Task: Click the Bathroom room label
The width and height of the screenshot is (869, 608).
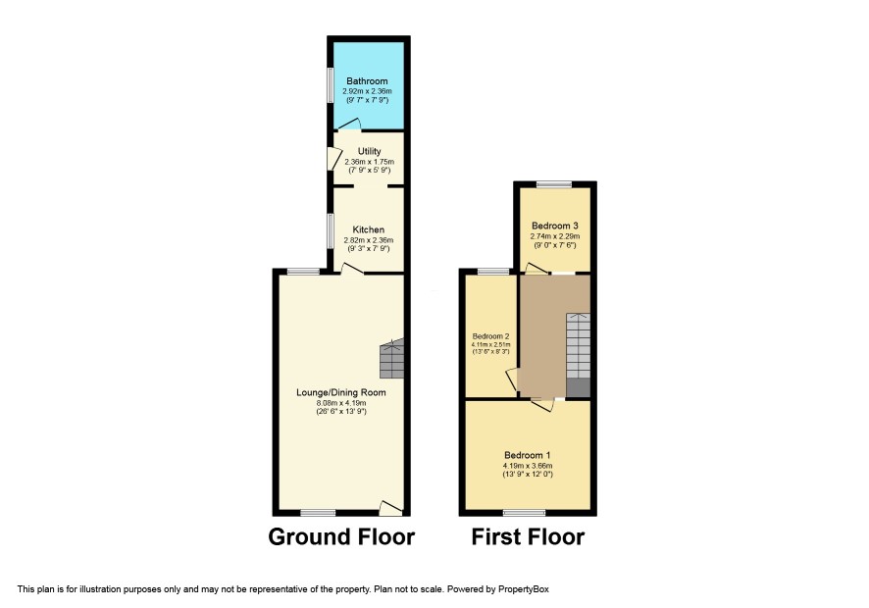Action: click(x=367, y=81)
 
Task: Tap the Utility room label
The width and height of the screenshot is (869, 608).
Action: click(x=369, y=151)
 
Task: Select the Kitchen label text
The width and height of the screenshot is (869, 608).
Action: click(x=369, y=229)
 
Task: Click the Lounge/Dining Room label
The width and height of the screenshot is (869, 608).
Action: click(x=341, y=392)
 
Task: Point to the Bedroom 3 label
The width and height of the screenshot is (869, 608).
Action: click(x=555, y=226)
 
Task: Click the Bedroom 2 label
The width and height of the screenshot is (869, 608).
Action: click(x=491, y=336)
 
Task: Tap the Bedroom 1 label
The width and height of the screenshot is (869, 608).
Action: click(x=527, y=455)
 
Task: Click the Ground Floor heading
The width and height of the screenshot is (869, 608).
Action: click(x=341, y=536)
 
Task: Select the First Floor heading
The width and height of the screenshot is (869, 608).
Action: click(x=528, y=536)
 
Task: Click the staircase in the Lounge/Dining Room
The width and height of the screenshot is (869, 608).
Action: click(x=391, y=358)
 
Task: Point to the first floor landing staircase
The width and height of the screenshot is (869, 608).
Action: click(x=578, y=355)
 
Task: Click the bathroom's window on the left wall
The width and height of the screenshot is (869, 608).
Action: click(x=330, y=85)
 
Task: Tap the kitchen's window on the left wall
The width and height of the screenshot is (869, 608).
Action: click(x=330, y=231)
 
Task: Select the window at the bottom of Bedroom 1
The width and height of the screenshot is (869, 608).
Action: click(x=525, y=513)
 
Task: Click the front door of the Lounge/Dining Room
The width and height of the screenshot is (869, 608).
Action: click(x=390, y=508)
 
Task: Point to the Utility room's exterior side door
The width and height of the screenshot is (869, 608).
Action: click(x=334, y=158)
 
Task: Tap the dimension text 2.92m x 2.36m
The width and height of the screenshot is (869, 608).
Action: click(x=367, y=91)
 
